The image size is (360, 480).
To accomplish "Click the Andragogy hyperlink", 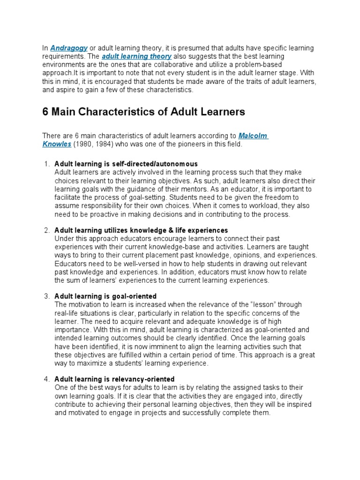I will tap(69, 48).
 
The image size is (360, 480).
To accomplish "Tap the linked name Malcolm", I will tap(253, 136).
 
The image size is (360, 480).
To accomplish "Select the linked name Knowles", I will tap(57, 144).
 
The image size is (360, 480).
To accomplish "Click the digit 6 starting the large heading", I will tap(46, 112).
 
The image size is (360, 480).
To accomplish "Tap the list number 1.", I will tap(46, 164).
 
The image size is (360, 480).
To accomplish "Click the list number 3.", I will tap(46, 296).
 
